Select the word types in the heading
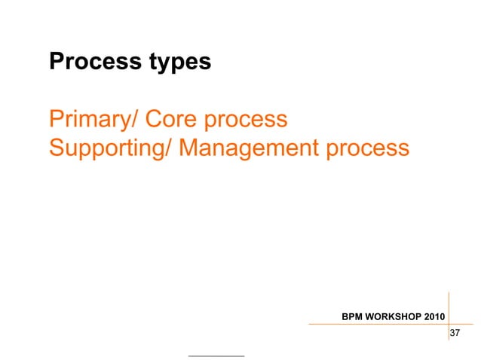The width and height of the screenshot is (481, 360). coord(177,64)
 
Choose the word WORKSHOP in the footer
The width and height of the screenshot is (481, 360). coord(394,316)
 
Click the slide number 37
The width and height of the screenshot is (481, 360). coord(455,334)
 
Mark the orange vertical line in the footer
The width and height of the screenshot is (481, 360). coord(449,316)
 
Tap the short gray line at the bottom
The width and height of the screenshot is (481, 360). coord(216,355)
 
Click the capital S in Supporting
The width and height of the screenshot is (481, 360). coord(56,148)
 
